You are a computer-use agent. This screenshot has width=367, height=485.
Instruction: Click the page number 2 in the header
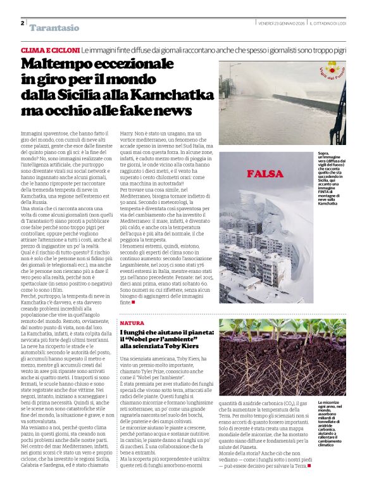[22, 23]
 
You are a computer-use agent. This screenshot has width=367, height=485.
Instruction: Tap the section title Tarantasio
[54, 28]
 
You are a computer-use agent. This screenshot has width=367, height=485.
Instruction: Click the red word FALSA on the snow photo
[265, 173]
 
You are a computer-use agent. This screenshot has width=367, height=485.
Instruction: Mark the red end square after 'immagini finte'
[133, 303]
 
